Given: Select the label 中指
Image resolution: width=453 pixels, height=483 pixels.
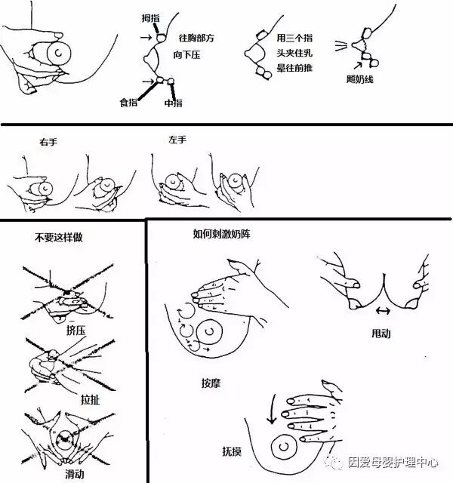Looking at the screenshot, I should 173,103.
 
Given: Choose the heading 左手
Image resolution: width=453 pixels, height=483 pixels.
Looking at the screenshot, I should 178,140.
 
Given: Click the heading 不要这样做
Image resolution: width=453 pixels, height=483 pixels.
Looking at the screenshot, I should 58,237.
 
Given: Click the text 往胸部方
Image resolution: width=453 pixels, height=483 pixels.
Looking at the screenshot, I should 196,38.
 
